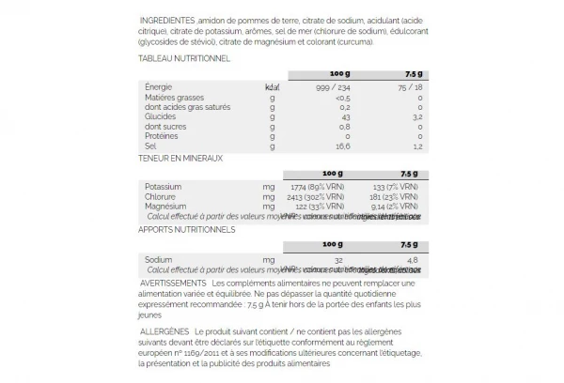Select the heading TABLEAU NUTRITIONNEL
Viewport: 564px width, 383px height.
(184, 58)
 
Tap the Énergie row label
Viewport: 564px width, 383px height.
(161, 86)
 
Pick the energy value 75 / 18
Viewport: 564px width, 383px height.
(409, 86)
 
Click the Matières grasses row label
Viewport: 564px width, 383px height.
(175, 97)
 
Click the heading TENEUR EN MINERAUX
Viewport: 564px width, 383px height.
(180, 158)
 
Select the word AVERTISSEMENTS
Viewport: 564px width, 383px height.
(172, 283)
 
